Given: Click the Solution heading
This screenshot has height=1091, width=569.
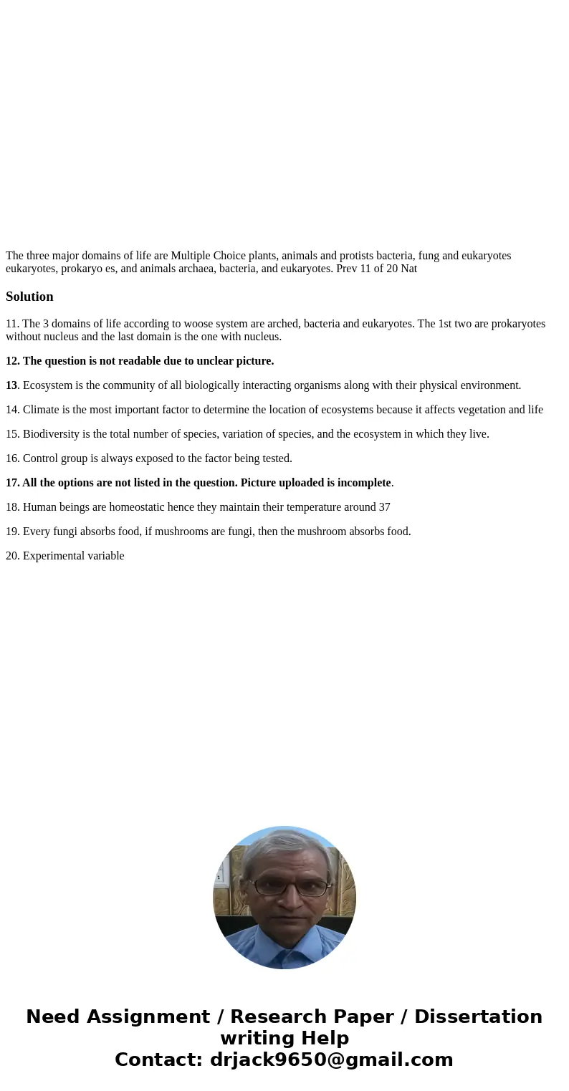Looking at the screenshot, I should click(x=29, y=297).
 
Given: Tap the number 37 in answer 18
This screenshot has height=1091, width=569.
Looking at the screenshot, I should click(x=384, y=507).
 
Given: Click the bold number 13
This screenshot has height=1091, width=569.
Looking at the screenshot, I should click(x=11, y=385).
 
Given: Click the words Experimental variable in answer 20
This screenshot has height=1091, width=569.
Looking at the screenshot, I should click(x=73, y=556).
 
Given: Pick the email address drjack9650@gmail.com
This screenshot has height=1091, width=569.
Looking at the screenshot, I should click(x=331, y=1060).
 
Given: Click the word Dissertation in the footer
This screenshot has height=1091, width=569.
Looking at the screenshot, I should click(x=478, y=1017).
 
